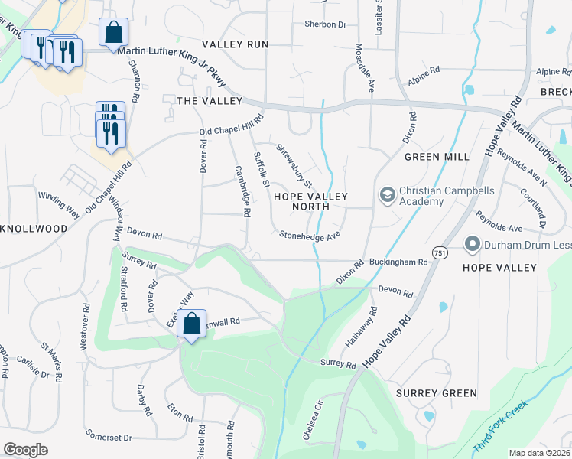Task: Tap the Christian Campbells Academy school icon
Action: [x=386, y=196]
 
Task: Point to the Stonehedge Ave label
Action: [x=309, y=236]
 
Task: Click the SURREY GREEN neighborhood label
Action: [x=437, y=393]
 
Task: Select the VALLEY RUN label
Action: [x=235, y=44]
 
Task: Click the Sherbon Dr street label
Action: [x=325, y=24]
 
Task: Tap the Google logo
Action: [x=25, y=450]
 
